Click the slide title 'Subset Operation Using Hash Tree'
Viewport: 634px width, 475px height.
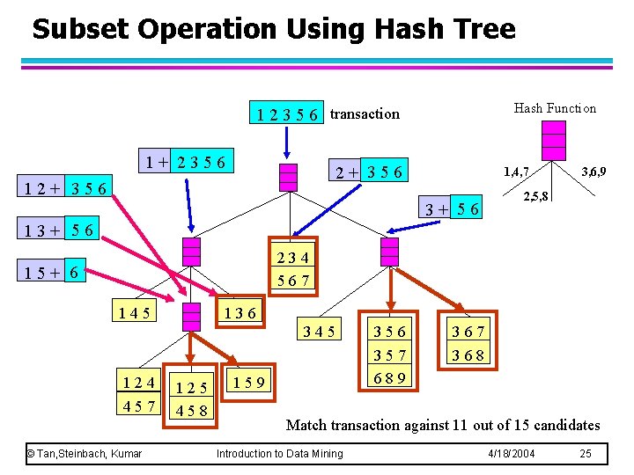[273, 29]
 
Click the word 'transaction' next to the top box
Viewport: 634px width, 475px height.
[365, 113]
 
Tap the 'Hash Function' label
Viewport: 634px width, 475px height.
[555, 108]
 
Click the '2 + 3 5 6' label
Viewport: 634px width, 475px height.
[367, 172]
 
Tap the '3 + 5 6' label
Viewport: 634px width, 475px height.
[453, 209]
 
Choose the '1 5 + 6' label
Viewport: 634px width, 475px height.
[54, 274]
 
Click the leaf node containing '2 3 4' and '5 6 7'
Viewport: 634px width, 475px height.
[292, 269]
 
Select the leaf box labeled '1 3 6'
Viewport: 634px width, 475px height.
[240, 312]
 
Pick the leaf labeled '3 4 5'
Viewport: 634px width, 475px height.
[318, 332]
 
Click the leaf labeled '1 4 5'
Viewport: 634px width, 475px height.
[132, 312]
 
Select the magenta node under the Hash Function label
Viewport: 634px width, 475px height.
[554, 140]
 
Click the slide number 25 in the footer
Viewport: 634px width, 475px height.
[586, 454]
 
